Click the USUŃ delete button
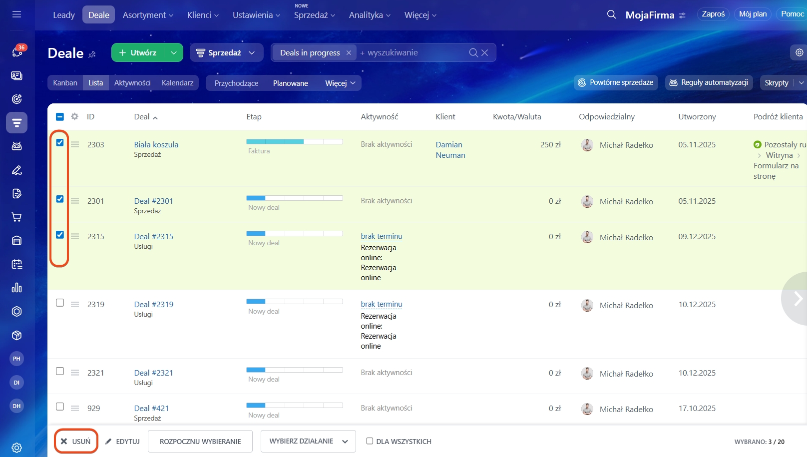(x=76, y=442)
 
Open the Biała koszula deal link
(x=156, y=144)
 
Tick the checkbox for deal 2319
(x=60, y=303)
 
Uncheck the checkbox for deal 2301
(x=60, y=199)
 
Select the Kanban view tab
(x=65, y=83)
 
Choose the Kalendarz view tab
(x=177, y=83)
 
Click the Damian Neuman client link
(x=450, y=150)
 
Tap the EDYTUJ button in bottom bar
(x=123, y=442)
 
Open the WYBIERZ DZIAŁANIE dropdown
(x=308, y=442)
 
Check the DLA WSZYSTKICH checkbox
(x=370, y=441)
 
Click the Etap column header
(x=254, y=117)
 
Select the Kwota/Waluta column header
(x=517, y=117)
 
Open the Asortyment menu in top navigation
(x=148, y=15)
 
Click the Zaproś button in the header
(x=713, y=14)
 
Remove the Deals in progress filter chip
(x=349, y=53)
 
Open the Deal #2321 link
(x=153, y=373)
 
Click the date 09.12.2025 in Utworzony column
(x=697, y=237)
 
